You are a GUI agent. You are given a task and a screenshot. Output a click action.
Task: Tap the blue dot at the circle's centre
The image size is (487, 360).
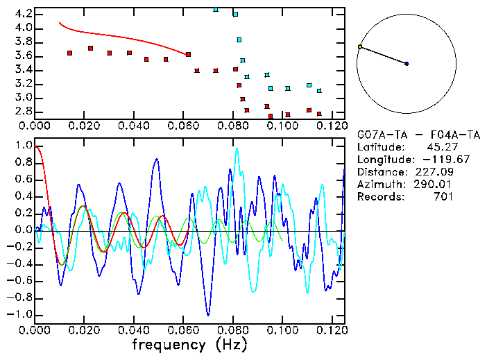pos(407,64)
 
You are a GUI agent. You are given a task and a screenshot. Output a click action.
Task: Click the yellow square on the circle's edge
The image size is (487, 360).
pos(359,47)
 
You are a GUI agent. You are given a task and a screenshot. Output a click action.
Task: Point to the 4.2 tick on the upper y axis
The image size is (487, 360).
pos(22,14)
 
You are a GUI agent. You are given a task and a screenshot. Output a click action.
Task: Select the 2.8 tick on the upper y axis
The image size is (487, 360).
pos(22,111)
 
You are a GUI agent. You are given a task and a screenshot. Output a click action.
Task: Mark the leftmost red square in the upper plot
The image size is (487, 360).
pos(69,53)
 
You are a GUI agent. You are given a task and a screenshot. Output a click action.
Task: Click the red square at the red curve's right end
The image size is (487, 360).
pos(188,54)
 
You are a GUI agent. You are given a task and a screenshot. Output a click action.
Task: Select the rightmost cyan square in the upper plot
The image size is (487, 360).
pos(319,91)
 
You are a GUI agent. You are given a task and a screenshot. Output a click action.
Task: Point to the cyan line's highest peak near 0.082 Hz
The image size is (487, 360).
pos(237,148)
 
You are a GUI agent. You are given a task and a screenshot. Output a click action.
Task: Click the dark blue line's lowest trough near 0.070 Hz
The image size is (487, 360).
pos(207,315)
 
